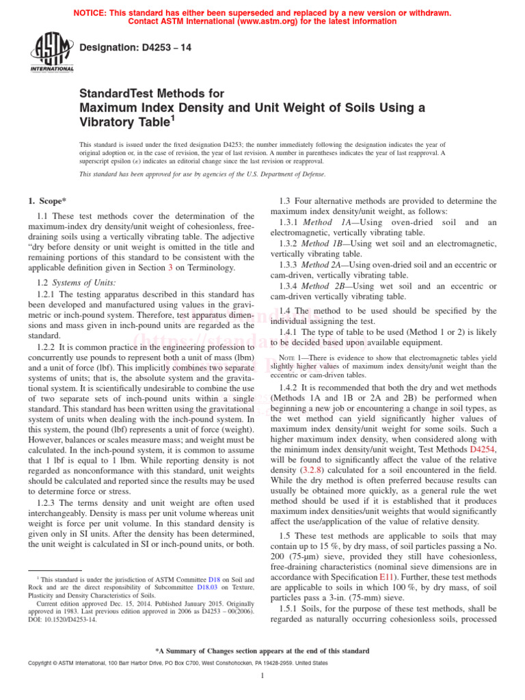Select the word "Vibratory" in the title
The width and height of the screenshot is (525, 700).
click(112, 122)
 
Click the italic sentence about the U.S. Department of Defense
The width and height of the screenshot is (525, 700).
click(202, 174)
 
